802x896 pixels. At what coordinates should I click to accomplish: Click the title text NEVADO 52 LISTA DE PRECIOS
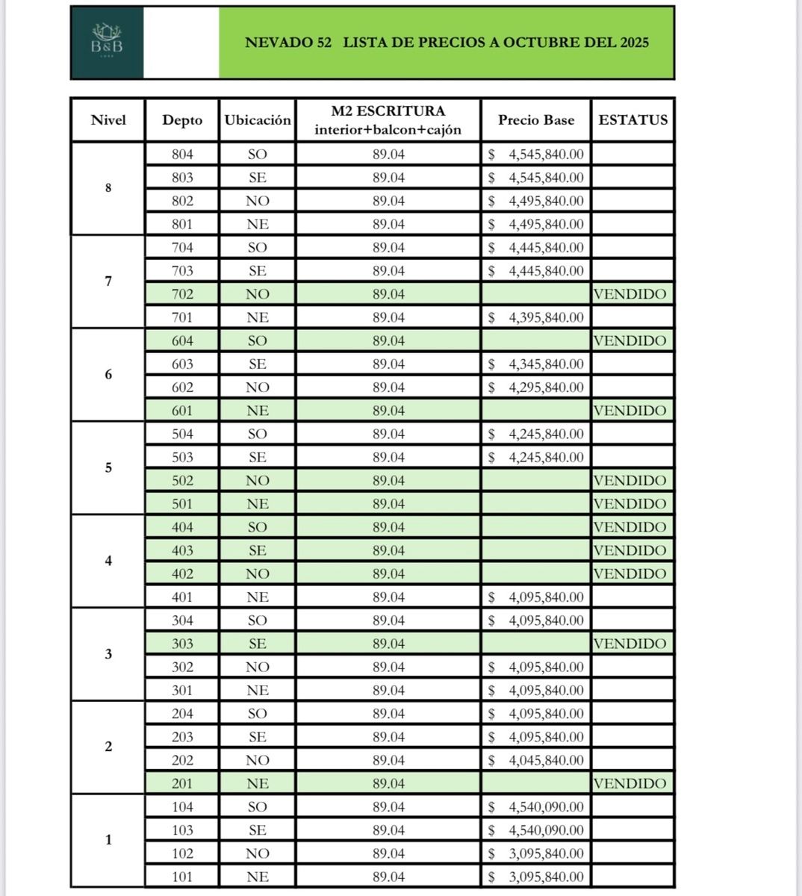click(x=447, y=43)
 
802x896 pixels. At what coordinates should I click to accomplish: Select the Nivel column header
click(x=108, y=120)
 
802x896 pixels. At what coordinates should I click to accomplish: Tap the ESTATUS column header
click(x=632, y=119)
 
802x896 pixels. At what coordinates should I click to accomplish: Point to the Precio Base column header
click(x=536, y=120)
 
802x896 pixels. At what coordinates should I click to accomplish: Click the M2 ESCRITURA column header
click(x=388, y=120)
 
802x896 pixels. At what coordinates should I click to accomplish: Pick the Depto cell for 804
click(x=182, y=155)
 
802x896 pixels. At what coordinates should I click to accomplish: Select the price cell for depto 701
click(x=536, y=317)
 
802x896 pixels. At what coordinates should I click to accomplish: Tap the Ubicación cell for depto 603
click(x=257, y=364)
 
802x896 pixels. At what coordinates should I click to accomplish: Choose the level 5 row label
click(x=108, y=468)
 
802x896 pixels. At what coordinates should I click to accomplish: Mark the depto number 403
click(x=182, y=550)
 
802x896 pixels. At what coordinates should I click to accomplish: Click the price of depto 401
click(x=536, y=597)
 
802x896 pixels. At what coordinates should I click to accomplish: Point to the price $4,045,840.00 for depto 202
click(x=536, y=760)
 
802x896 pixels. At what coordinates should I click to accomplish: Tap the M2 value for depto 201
click(x=388, y=783)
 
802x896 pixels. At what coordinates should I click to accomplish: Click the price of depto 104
click(x=536, y=807)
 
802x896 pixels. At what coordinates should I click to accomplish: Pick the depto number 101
click(x=182, y=877)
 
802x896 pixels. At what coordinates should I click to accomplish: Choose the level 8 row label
click(x=108, y=188)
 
